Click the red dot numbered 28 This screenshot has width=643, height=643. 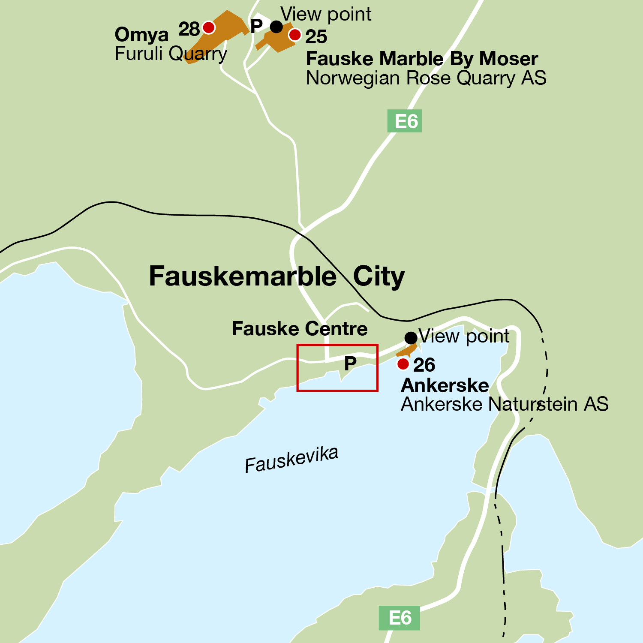[209, 27]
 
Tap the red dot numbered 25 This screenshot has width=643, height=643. [295, 35]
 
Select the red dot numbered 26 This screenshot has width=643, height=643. [403, 364]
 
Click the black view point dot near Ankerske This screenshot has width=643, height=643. [411, 338]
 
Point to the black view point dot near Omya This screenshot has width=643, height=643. [276, 27]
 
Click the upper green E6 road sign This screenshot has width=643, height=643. [404, 121]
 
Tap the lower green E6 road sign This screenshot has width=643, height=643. [399, 618]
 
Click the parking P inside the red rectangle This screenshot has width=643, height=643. [350, 364]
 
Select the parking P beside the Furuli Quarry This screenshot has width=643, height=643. [256, 26]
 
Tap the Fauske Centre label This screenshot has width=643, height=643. [300, 329]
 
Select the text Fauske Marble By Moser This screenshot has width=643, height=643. [422, 59]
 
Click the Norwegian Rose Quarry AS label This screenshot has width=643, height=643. [426, 78]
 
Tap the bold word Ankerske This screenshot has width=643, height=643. [445, 385]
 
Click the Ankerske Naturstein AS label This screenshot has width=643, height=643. [505, 404]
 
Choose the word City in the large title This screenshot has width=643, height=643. [379, 276]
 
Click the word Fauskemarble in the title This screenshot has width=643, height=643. [243, 276]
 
